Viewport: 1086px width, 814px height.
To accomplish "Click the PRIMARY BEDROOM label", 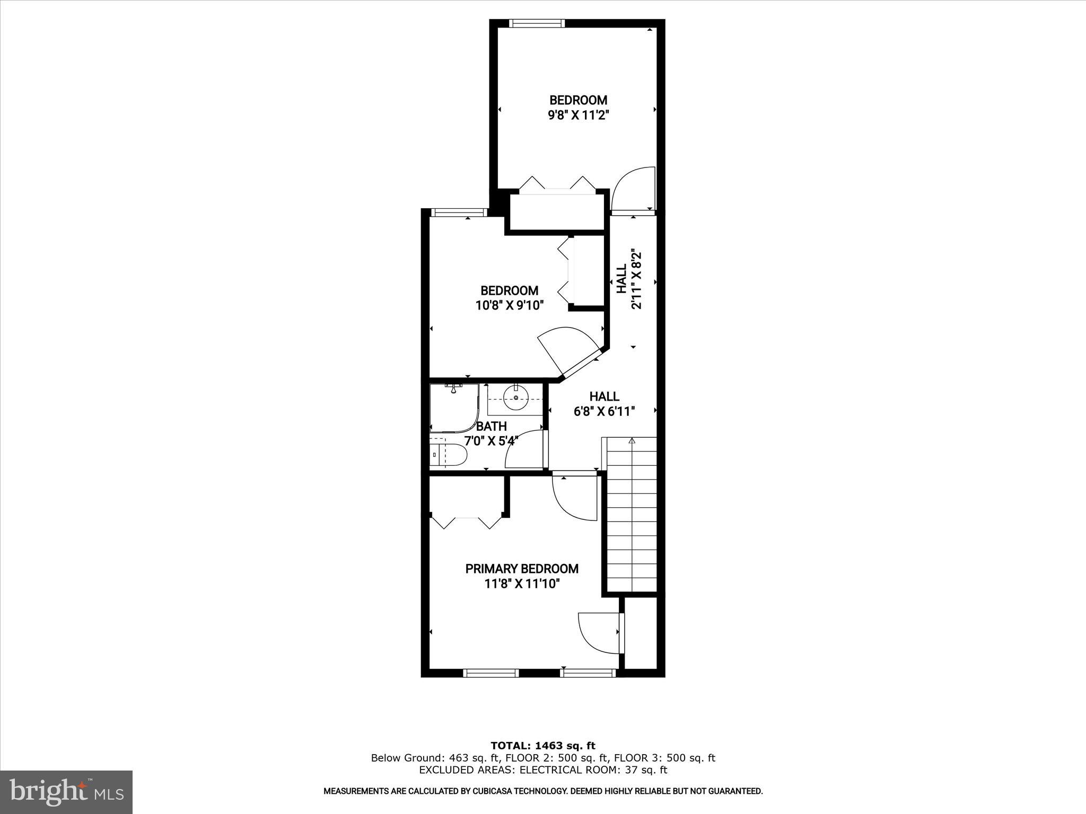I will point(522,569).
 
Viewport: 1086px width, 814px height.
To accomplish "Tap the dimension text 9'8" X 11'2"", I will point(578,115).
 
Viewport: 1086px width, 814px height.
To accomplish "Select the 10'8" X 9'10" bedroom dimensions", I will point(510,305).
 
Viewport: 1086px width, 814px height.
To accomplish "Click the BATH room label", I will point(492,426).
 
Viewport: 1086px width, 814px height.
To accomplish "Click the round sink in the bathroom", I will point(515,398).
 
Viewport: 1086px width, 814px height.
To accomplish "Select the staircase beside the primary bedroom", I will point(632,514).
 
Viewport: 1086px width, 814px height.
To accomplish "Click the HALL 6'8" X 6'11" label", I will point(604,404).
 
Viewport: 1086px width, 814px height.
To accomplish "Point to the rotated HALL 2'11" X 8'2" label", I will point(629,279).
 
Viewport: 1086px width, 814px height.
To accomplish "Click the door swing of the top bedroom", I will point(633,190).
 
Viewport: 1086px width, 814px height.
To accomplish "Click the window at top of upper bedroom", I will point(537,23).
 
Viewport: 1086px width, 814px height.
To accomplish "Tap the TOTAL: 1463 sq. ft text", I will point(542,746).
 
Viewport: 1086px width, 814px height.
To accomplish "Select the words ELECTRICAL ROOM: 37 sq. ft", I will point(593,770).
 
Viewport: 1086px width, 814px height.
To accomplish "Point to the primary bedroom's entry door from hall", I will point(575,498).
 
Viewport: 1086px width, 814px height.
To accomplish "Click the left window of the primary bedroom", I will point(491,673).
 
